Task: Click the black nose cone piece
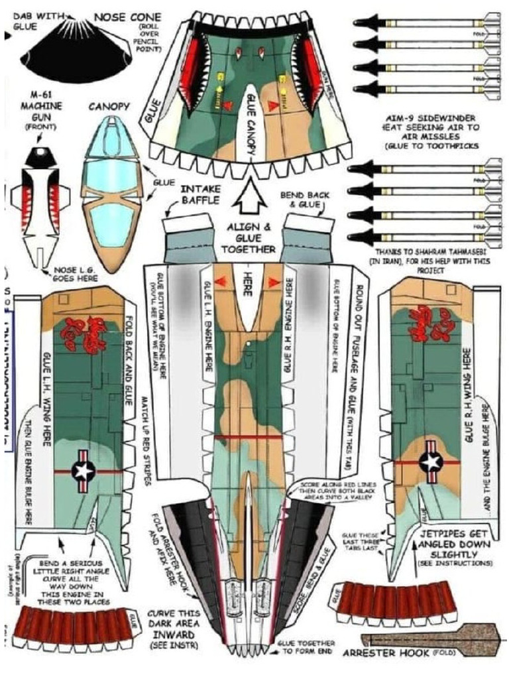(75, 54)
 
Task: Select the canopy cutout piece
(111, 193)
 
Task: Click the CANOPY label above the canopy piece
(111, 106)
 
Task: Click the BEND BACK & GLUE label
(302, 200)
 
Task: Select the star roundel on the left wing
(84, 470)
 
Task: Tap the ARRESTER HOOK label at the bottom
(386, 653)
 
